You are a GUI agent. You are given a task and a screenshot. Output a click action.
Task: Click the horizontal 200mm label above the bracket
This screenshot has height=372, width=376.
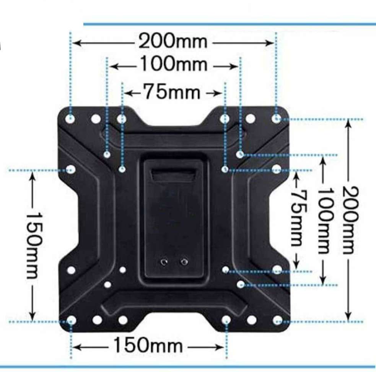[x=173, y=41]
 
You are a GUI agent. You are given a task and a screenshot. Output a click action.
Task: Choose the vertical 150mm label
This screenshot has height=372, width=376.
[x=33, y=245]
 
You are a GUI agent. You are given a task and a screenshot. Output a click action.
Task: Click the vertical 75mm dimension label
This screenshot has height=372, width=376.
[x=296, y=218]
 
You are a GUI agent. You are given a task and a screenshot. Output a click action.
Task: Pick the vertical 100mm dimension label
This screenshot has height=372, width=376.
[x=323, y=220]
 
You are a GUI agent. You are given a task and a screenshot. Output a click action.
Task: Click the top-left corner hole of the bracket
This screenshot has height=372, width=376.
[x=70, y=118]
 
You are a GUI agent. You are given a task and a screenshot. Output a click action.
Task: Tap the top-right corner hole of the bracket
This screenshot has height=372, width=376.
[x=277, y=118]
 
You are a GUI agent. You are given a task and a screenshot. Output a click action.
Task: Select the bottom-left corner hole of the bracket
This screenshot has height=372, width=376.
[x=71, y=320]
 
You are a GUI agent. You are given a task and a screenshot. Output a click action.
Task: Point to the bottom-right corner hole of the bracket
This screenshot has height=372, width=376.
[x=278, y=320]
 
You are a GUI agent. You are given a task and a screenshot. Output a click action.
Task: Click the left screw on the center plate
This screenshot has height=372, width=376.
[x=164, y=262]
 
